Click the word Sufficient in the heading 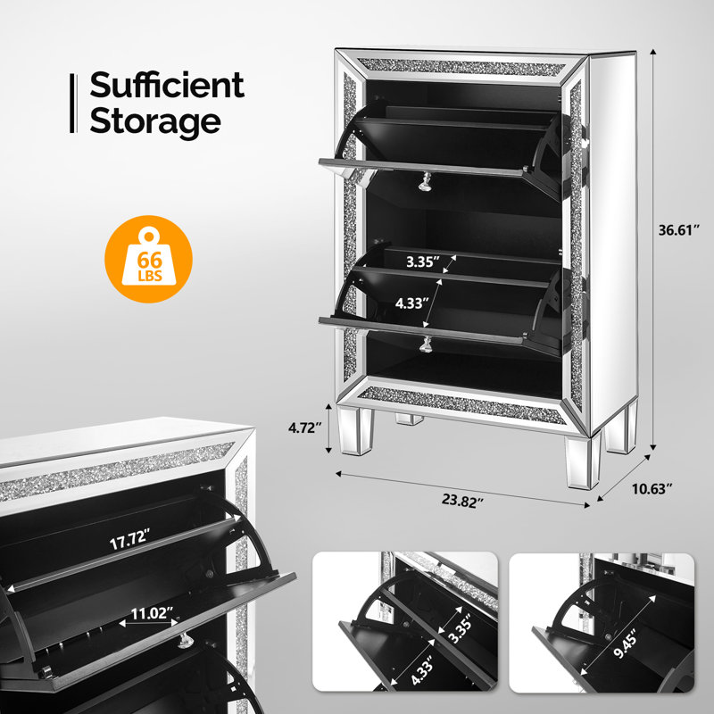(x=166, y=86)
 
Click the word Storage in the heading (x=154, y=120)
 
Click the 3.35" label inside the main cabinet (x=423, y=262)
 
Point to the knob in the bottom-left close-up (x=187, y=639)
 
